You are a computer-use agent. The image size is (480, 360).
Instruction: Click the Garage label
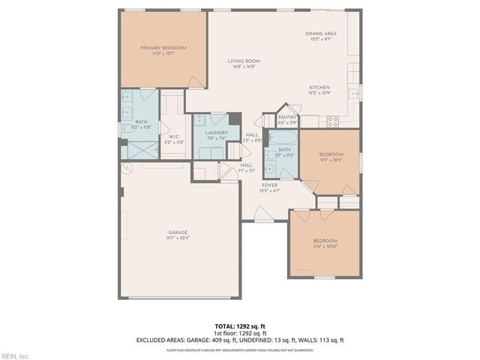[x=178, y=235]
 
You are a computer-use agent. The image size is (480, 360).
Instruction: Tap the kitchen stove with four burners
[x=332, y=120]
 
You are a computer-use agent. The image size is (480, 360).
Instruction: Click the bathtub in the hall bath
[x=283, y=138]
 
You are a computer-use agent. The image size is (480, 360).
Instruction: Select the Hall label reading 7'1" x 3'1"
[x=246, y=168]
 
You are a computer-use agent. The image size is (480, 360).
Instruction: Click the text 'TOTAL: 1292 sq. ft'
[x=240, y=326]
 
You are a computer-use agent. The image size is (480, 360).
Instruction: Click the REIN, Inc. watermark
[x=15, y=355]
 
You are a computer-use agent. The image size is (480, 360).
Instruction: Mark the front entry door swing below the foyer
[x=262, y=214]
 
